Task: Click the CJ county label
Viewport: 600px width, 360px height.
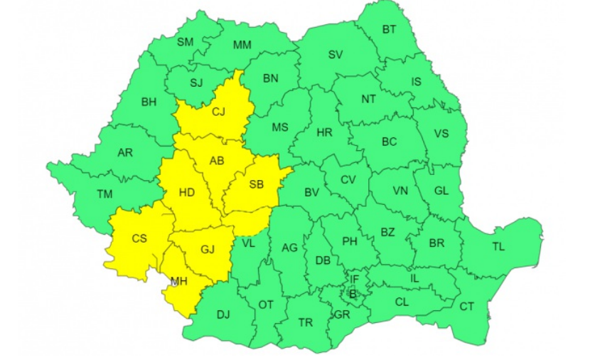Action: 218,111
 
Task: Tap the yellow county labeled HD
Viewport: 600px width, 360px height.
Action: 187,192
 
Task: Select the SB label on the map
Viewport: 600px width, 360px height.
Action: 256,184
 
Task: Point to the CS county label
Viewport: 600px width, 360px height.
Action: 139,238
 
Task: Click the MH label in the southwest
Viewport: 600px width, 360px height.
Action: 178,282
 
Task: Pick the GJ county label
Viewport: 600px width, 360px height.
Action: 208,250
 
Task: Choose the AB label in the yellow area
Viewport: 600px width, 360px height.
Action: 217,161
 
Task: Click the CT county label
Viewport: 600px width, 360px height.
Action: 466,307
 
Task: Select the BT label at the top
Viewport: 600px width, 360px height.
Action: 390,30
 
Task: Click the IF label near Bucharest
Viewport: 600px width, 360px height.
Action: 354,279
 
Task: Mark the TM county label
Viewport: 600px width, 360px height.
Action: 105,194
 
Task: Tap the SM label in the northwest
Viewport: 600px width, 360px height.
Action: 185,42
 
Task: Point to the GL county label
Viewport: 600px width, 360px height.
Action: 441,191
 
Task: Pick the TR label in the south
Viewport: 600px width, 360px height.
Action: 305,322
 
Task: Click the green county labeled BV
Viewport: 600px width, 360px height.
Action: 311,192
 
